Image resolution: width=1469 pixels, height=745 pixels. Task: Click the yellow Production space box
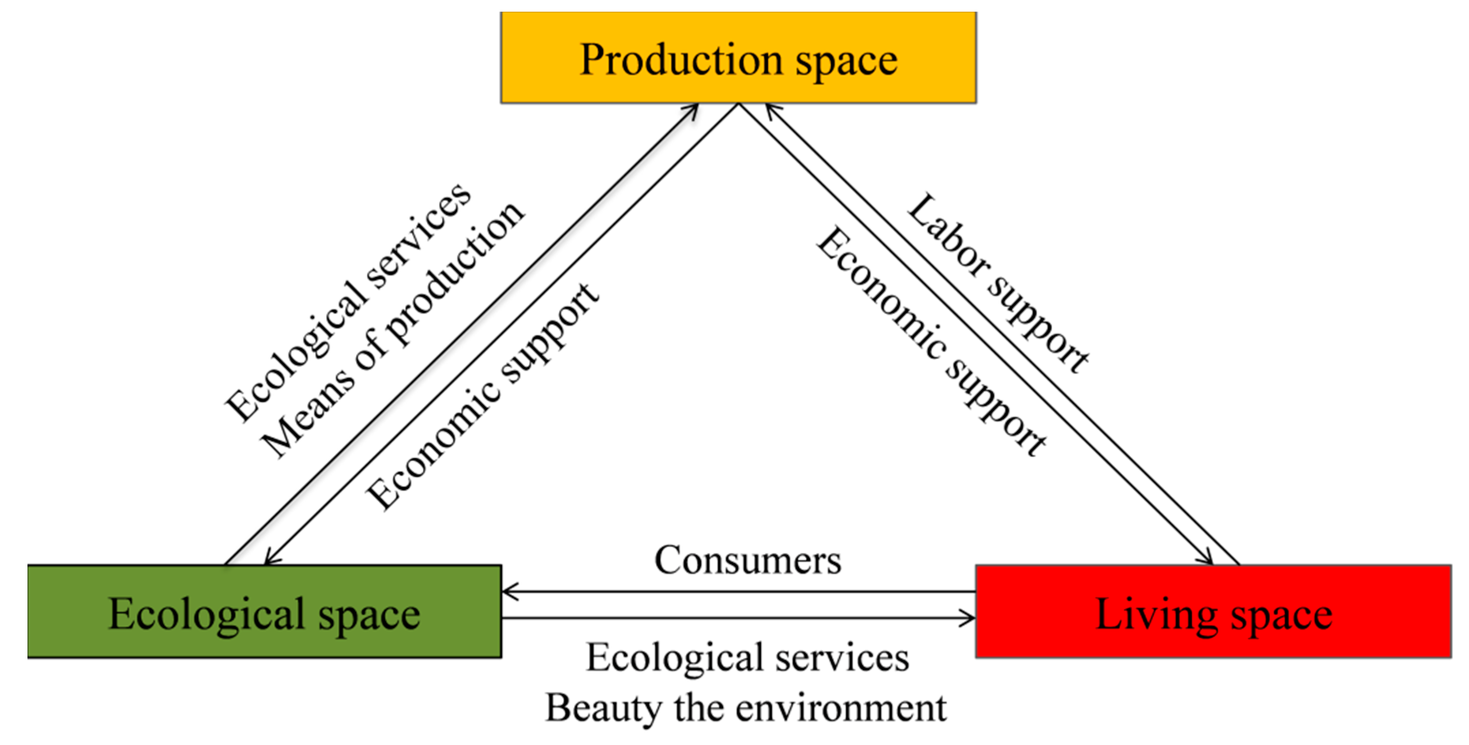[x=738, y=57]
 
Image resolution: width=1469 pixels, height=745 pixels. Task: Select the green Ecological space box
[x=264, y=611]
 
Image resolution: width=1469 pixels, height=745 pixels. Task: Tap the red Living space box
[x=1213, y=611]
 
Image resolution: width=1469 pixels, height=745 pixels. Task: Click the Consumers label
[x=747, y=560]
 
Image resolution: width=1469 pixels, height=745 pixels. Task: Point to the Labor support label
[x=998, y=283]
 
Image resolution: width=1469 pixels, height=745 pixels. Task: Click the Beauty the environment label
[x=746, y=708]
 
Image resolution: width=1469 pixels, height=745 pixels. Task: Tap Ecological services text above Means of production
[x=348, y=302]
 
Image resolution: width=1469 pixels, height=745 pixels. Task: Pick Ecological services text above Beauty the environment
[x=747, y=657]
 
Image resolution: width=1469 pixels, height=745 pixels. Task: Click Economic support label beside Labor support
[x=931, y=340]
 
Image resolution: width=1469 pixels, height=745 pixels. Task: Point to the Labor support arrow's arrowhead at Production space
[x=770, y=108]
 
